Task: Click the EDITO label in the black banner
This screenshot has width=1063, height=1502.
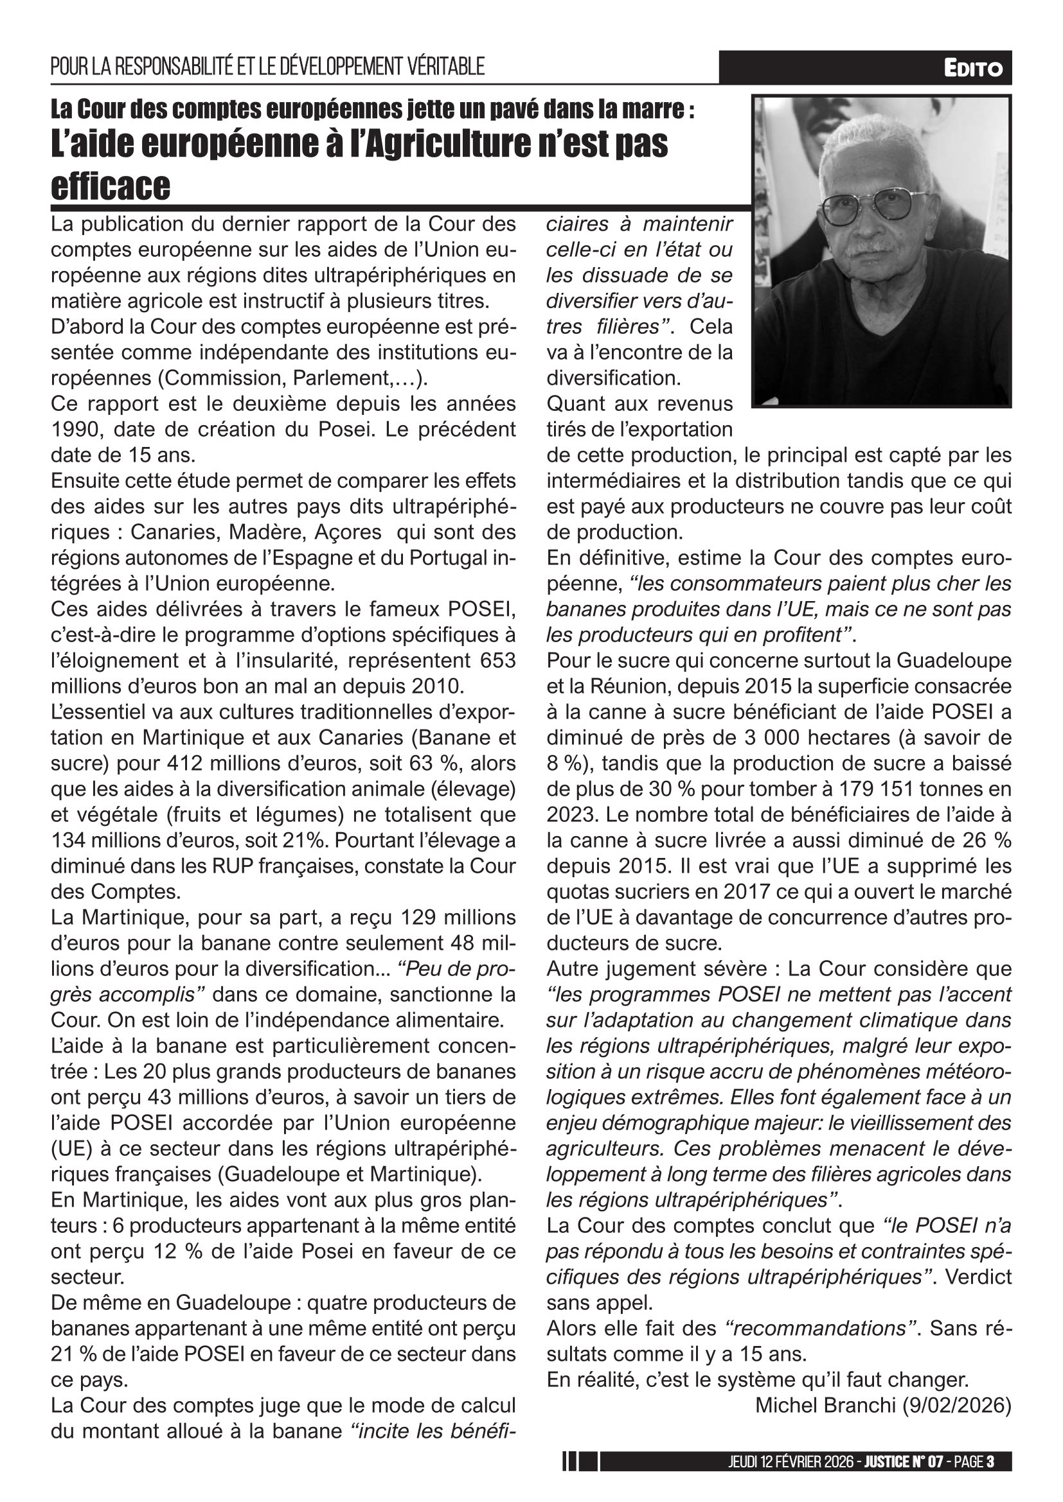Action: (x=972, y=68)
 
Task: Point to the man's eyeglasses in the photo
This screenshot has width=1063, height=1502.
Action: (x=873, y=205)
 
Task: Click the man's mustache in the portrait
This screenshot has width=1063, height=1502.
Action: (x=872, y=249)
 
